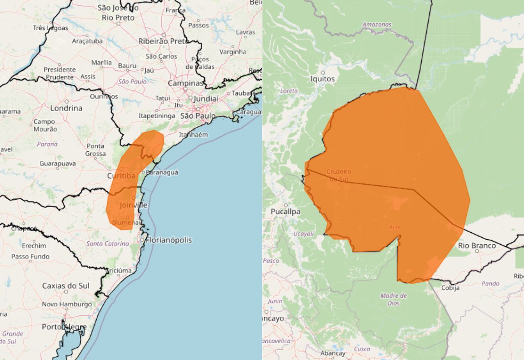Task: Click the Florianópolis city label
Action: click(168, 240)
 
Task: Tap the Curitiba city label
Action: click(121, 176)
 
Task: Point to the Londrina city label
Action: click(66, 108)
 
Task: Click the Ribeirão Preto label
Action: click(163, 41)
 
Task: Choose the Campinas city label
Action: click(185, 83)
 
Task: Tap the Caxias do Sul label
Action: click(66, 286)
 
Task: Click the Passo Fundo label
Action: click(30, 256)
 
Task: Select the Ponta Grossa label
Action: click(95, 150)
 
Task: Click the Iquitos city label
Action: click(322, 79)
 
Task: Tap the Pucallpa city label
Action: click(285, 212)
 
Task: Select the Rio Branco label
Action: click(477, 245)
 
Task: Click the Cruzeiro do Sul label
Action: click(339, 175)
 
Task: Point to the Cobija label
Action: click(450, 288)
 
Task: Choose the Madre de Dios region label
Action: click(393, 299)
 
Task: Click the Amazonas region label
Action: click(377, 25)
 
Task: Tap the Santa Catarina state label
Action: click(108, 243)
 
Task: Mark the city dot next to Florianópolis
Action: click(142, 240)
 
